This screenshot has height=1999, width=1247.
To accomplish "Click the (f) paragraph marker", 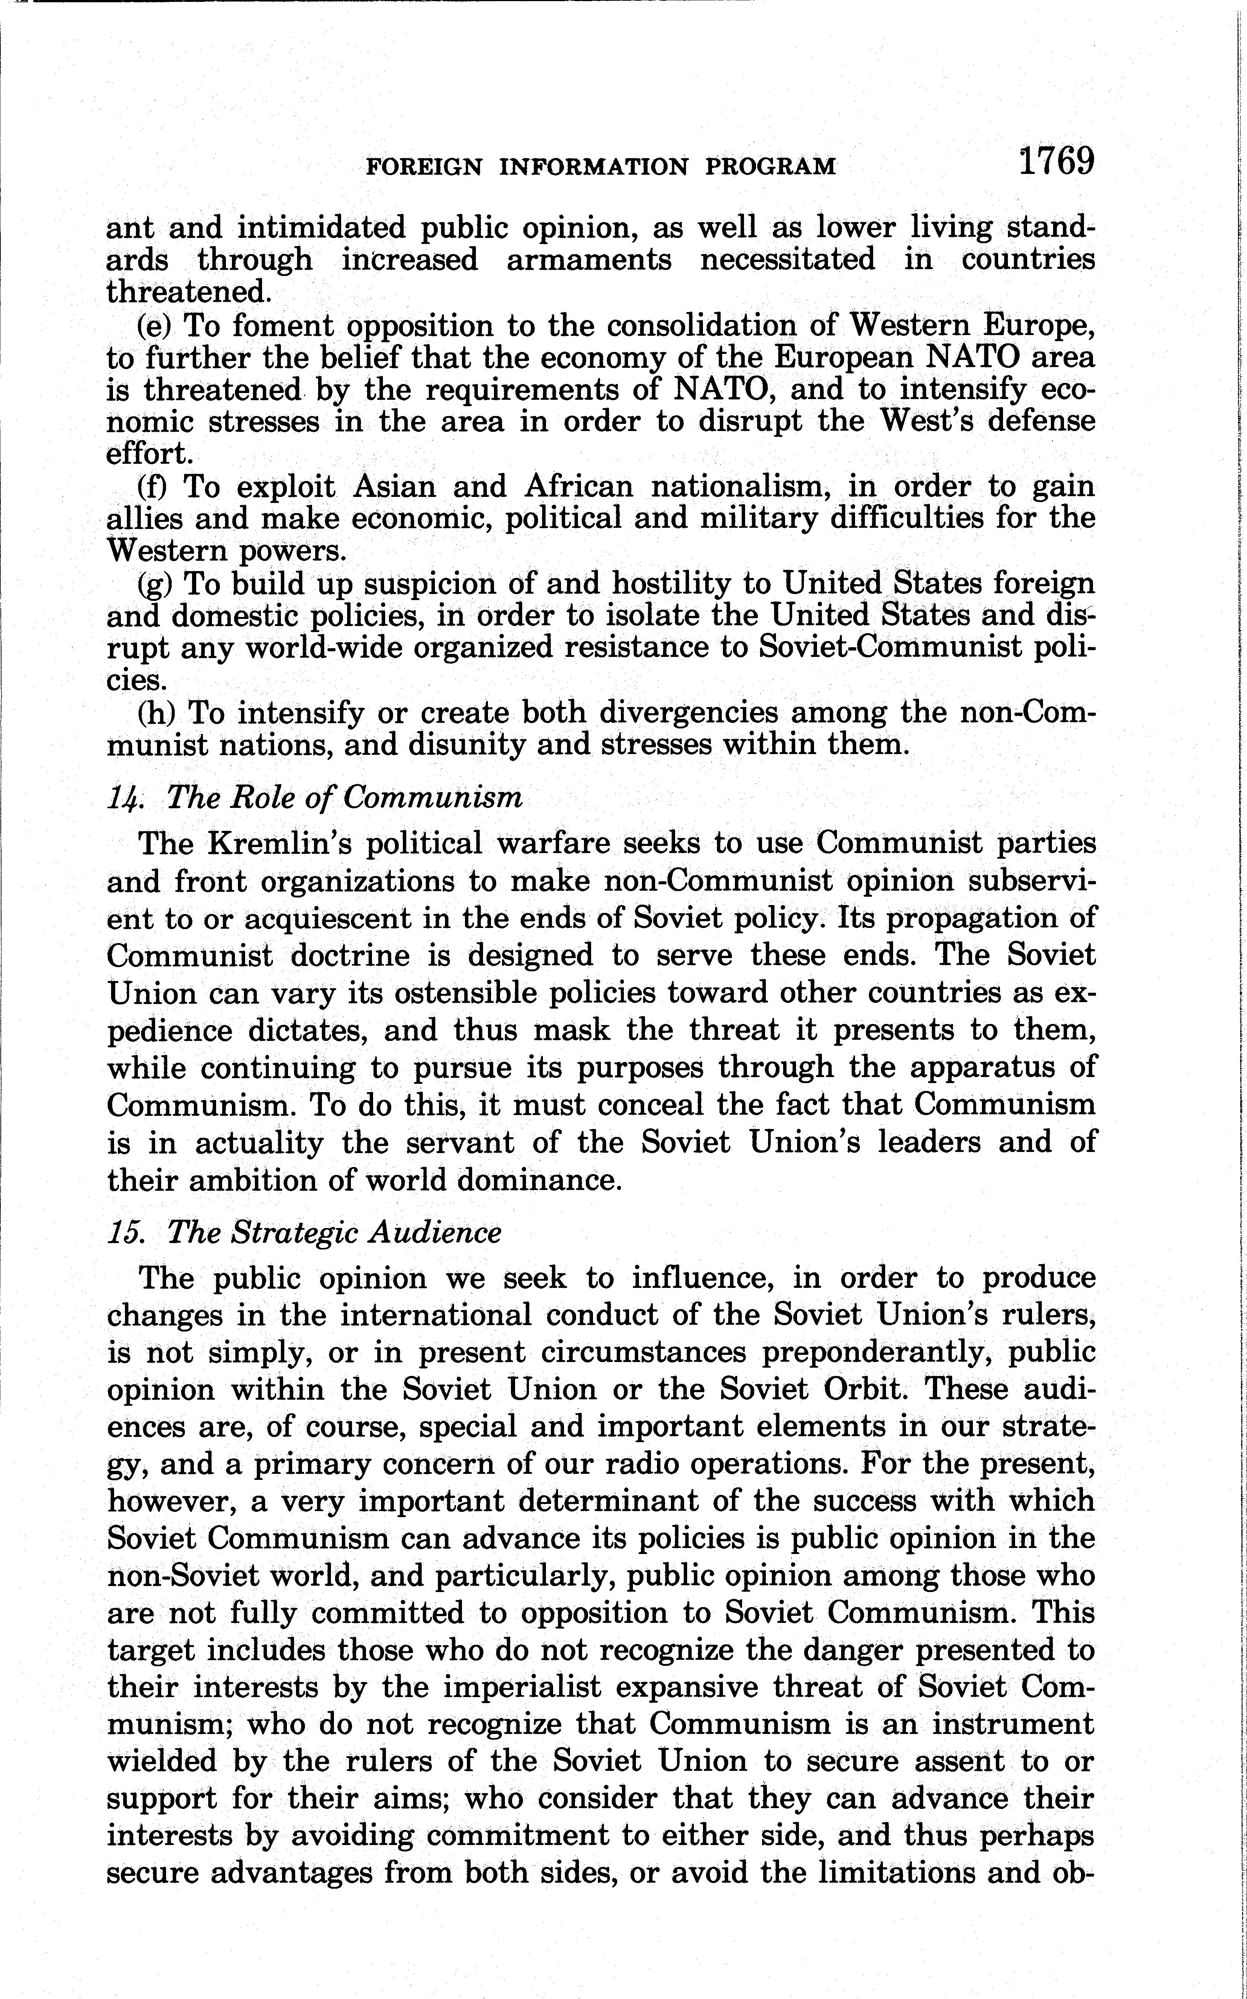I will pyautogui.click(x=153, y=486).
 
